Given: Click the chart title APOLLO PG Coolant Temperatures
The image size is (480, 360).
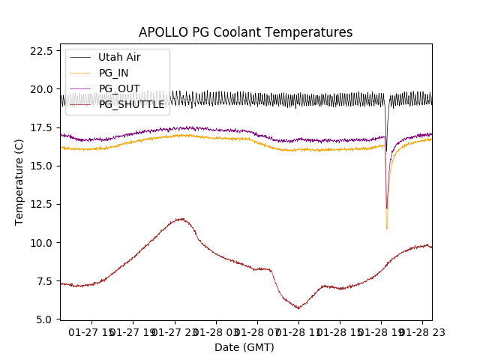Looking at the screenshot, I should (x=245, y=32).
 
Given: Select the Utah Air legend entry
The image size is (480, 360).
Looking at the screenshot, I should (x=119, y=57).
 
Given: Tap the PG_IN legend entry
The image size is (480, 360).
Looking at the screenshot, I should (x=113, y=73).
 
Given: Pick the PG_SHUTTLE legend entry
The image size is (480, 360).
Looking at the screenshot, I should (x=131, y=104).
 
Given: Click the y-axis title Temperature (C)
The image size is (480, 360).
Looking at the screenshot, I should (x=19, y=181).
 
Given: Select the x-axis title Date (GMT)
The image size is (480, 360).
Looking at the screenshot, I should (x=244, y=347).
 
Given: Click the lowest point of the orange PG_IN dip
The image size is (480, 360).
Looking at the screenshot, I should (x=387, y=228).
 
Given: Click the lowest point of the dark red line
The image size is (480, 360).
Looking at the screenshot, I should (x=298, y=308).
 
